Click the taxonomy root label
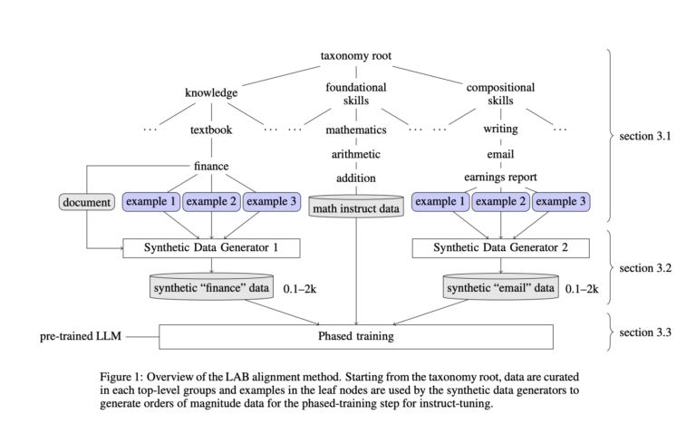(x=355, y=56)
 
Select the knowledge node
(x=211, y=92)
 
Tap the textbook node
(x=211, y=130)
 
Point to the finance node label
(x=211, y=166)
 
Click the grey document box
(x=87, y=201)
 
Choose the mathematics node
(x=355, y=130)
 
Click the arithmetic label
(x=355, y=154)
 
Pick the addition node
(x=355, y=178)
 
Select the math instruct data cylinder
(x=355, y=207)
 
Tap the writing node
(x=500, y=130)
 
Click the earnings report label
(x=500, y=178)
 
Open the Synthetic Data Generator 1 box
(x=211, y=246)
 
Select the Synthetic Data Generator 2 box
(x=500, y=246)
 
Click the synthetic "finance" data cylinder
(x=211, y=287)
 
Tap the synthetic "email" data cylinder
(x=500, y=287)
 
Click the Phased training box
(x=355, y=336)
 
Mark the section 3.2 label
(x=645, y=268)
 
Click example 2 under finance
(x=211, y=201)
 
